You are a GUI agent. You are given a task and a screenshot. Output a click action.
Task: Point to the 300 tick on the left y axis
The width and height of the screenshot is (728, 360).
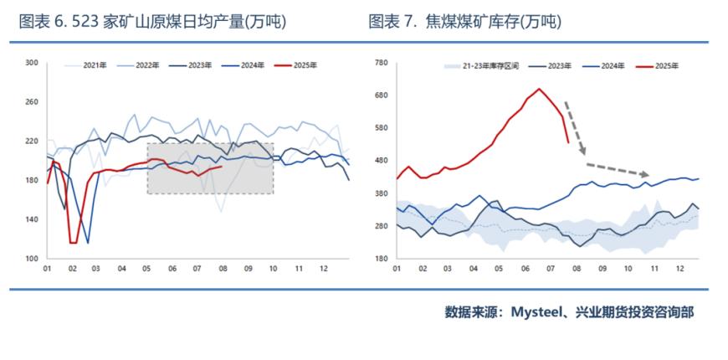tap(33, 63)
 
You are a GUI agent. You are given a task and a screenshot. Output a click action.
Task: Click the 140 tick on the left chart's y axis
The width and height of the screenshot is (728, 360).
tap(33, 219)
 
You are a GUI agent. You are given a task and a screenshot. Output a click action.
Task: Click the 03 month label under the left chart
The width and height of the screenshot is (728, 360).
tap(96, 270)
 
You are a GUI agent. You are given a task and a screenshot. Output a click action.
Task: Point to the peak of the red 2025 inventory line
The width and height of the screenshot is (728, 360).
tap(539, 89)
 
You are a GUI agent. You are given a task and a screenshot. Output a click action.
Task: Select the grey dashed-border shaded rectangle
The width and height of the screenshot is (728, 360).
tap(210, 168)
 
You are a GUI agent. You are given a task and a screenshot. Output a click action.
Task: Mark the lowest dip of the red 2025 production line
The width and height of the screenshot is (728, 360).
tap(73, 243)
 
